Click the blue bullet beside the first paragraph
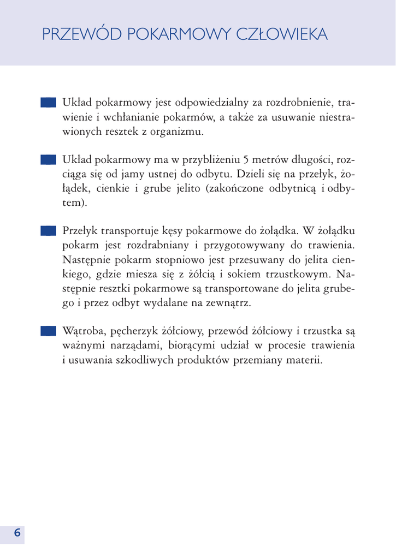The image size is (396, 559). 48,103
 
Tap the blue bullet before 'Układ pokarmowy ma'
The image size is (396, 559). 48,160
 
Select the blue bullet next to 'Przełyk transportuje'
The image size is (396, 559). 48,232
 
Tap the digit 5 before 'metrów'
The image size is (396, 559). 246,160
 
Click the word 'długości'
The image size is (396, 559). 308,160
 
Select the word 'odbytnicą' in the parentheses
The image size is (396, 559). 287,189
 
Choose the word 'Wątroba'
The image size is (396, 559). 84,332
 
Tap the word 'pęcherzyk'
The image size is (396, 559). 134,332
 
